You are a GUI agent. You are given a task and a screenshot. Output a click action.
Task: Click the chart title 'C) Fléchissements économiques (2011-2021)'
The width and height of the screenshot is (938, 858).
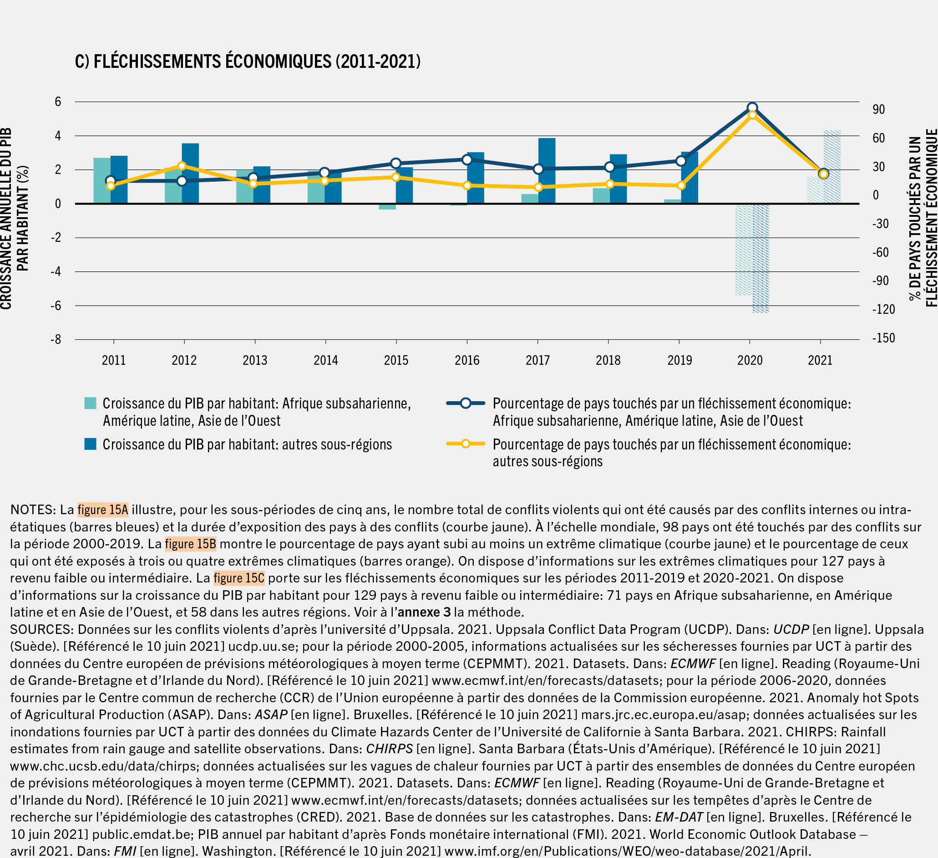pyautogui.click(x=248, y=61)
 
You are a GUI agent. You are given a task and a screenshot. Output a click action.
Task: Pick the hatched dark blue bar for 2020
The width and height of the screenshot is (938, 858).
pyautogui.click(x=761, y=258)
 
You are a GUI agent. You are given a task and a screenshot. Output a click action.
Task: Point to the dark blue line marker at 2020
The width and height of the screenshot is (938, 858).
pyautogui.click(x=752, y=108)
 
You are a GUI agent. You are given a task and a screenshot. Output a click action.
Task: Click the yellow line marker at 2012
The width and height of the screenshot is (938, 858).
pyautogui.click(x=182, y=166)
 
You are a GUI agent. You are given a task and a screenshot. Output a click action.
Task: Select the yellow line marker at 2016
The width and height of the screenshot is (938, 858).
pyautogui.click(x=467, y=186)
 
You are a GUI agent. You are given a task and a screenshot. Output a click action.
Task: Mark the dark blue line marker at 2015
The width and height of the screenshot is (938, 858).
pyautogui.click(x=396, y=163)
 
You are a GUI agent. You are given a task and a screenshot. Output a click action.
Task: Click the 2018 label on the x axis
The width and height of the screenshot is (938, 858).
pyautogui.click(x=608, y=360)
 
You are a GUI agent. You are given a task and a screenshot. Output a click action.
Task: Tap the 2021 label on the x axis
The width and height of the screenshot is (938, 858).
pyautogui.click(x=820, y=360)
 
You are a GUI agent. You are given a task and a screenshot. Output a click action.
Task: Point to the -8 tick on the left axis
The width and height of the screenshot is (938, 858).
pyautogui.click(x=56, y=339)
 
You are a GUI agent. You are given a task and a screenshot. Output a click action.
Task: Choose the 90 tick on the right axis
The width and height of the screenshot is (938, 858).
pyautogui.click(x=878, y=109)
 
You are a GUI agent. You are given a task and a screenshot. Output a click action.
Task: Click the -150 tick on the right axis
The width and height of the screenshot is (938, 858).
pyautogui.click(x=883, y=338)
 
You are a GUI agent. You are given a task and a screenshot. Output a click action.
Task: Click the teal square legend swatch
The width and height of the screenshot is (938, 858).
pyautogui.click(x=90, y=403)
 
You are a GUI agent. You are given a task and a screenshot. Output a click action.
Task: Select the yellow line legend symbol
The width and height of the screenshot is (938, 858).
pyautogui.click(x=465, y=444)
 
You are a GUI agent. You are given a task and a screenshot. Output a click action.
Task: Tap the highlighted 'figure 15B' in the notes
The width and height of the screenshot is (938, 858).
pyautogui.click(x=190, y=544)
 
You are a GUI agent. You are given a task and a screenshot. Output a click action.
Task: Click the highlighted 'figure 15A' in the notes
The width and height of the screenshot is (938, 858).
pyautogui.click(x=103, y=510)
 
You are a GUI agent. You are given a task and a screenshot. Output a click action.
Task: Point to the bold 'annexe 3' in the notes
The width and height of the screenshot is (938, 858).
pyautogui.click(x=424, y=612)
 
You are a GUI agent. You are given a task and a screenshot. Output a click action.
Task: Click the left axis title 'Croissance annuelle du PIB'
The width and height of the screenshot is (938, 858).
pyautogui.click(x=6, y=219)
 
